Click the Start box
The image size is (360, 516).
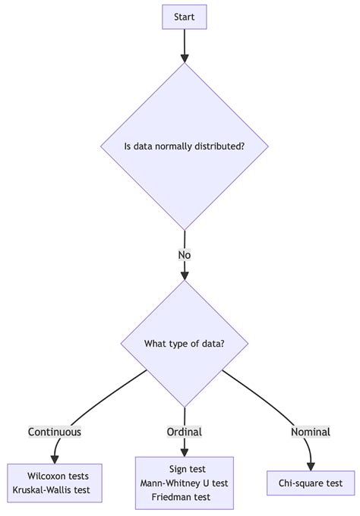coord(185,17)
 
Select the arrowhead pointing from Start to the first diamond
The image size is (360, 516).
coord(185,57)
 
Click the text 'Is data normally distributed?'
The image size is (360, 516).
coord(185,146)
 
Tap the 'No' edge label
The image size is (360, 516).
coord(185,255)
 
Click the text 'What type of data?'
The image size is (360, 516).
coord(185,344)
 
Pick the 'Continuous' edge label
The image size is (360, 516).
coord(55,432)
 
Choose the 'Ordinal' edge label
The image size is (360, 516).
coord(185,432)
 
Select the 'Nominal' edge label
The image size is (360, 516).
coord(311,432)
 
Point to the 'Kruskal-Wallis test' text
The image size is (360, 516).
coord(52,490)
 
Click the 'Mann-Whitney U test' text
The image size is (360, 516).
coord(185,483)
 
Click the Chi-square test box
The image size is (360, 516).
coord(311,483)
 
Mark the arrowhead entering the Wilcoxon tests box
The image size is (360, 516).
coord(55,459)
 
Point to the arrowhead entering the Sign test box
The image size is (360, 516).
coord(185,451)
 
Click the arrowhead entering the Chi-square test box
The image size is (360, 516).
coord(311,466)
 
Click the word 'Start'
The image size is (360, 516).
coord(185,17)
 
